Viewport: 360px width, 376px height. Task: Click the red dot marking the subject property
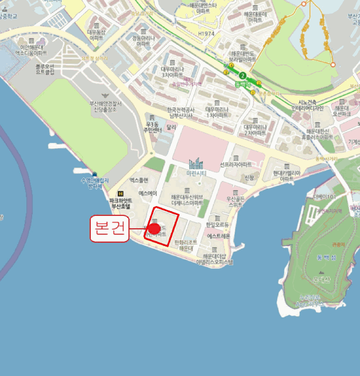(x=154, y=229)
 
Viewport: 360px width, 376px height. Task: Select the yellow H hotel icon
(x=120, y=193)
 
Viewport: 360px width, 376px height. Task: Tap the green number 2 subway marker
(x=243, y=76)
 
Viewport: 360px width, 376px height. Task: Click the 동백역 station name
(x=243, y=84)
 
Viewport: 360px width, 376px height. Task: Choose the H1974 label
(x=205, y=33)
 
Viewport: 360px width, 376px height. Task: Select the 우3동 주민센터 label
(x=153, y=127)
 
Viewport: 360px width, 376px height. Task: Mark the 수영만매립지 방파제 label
(x=95, y=183)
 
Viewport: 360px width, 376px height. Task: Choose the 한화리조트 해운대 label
(x=186, y=245)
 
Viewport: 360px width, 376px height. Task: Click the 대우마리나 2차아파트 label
(x=256, y=129)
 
